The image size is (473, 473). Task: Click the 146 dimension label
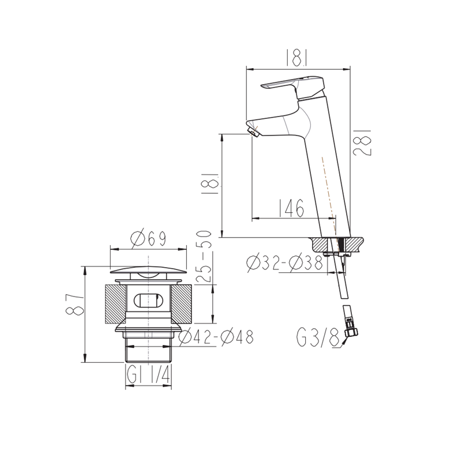(x=291, y=208)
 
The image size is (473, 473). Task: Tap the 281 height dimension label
(x=362, y=142)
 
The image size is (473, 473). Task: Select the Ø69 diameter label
(x=148, y=239)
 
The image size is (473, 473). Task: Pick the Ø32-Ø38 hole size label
(x=285, y=263)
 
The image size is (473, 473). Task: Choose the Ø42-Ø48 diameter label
(x=216, y=337)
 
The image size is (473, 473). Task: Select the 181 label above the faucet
(x=298, y=58)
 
